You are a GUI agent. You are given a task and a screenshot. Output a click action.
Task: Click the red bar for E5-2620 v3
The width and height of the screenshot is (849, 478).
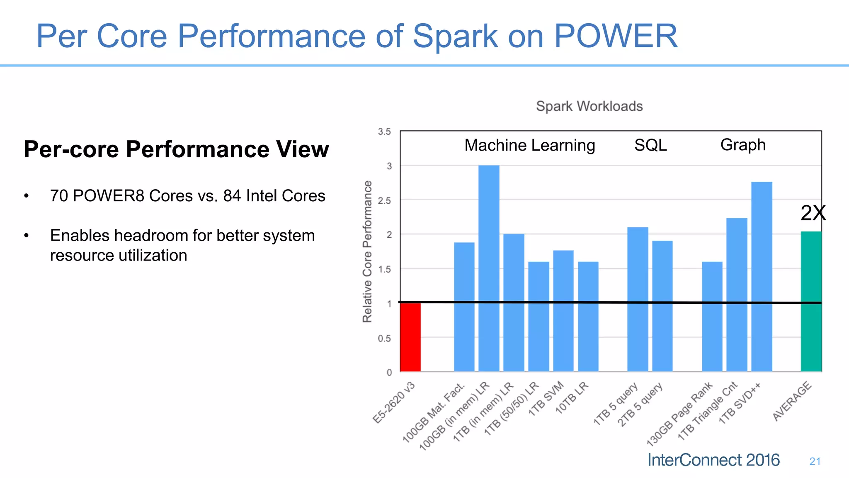(x=410, y=337)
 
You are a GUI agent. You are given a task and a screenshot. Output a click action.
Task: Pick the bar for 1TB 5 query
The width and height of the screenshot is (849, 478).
(x=638, y=299)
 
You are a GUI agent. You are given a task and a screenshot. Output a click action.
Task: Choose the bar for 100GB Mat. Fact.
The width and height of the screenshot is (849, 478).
(x=464, y=307)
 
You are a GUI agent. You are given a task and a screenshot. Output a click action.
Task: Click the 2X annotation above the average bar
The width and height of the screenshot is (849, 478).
(x=813, y=213)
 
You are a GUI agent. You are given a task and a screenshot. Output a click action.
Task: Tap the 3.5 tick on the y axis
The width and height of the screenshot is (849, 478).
(x=384, y=132)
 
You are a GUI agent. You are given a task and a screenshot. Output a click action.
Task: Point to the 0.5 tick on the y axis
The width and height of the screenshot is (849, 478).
(x=384, y=339)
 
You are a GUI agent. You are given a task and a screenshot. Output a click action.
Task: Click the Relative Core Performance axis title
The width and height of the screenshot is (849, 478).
(x=367, y=251)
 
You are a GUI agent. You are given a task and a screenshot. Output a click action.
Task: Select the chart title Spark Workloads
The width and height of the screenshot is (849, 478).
(x=589, y=106)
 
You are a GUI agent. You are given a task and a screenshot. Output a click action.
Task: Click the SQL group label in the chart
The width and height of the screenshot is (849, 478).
(x=650, y=145)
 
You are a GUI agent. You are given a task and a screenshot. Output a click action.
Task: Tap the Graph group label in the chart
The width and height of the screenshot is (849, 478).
(x=742, y=145)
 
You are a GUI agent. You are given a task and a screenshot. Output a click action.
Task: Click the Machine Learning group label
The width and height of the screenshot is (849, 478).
(x=529, y=145)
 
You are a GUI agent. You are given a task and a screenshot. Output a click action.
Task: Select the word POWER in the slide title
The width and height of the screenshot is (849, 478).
(x=616, y=36)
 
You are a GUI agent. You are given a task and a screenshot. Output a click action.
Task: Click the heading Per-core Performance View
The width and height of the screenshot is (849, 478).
(x=176, y=149)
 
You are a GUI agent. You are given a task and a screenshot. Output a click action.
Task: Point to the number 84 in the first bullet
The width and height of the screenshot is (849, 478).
(x=232, y=196)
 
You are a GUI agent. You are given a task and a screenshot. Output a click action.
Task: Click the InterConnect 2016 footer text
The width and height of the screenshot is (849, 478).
(x=713, y=460)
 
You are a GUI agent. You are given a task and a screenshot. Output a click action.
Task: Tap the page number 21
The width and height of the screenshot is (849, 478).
(x=815, y=461)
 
